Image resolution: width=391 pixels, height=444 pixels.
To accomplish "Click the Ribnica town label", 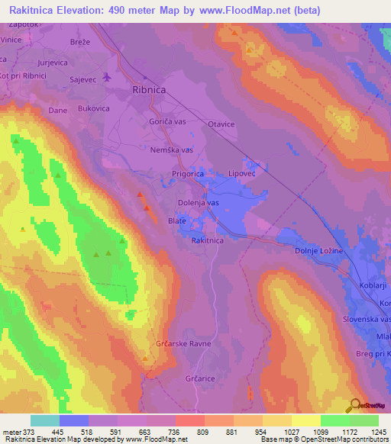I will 151,88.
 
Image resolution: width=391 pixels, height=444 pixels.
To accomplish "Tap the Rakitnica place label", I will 208,240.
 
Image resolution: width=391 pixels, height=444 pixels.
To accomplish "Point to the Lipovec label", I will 244,175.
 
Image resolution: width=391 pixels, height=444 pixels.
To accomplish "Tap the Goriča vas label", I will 169,122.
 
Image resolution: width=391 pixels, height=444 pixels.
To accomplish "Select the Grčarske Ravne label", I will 183,344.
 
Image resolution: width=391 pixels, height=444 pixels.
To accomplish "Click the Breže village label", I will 80,43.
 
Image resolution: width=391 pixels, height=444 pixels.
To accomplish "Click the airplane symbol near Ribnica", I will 106,77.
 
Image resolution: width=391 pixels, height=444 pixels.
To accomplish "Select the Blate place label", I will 176,221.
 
